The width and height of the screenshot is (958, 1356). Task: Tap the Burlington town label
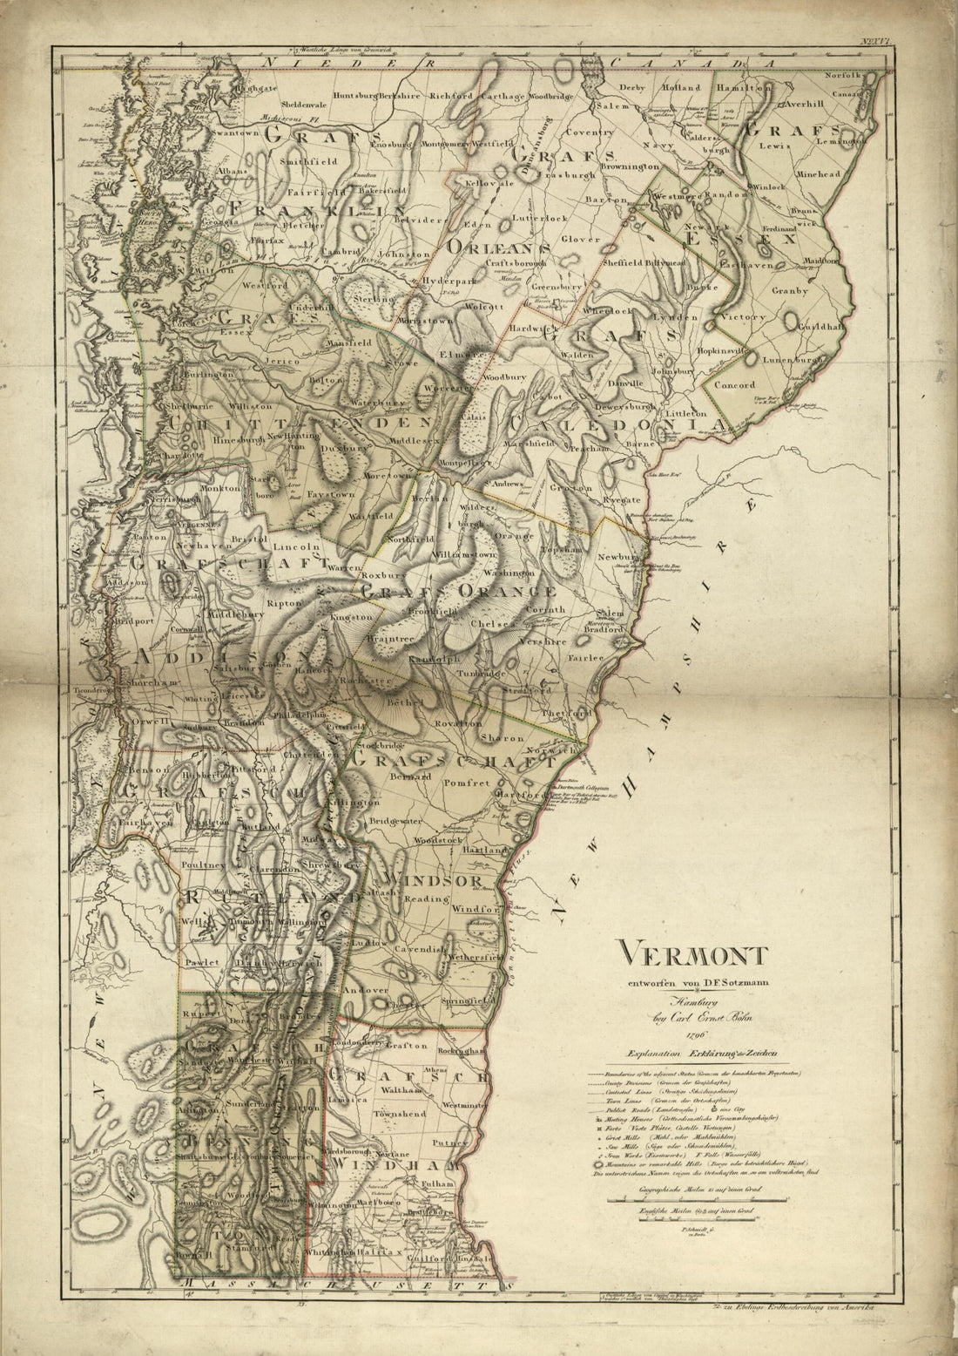coord(208,374)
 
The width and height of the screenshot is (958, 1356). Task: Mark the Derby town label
coord(634,88)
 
